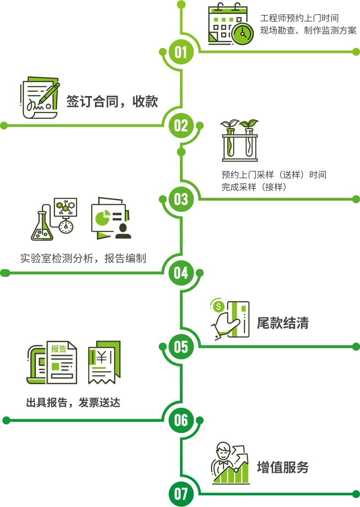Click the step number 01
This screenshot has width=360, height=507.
181,52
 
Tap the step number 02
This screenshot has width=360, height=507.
181,126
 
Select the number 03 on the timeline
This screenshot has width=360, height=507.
181,199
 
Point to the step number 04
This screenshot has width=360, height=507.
181,273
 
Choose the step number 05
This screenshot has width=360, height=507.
181,347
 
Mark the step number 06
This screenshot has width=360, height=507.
181,421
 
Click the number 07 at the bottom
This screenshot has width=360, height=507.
181,494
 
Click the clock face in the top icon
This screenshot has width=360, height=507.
242,33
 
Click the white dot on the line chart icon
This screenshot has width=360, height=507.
236,470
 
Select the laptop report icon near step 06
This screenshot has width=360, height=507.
51,362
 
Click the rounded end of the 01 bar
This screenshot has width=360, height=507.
356,52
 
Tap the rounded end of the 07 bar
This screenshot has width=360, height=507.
356,494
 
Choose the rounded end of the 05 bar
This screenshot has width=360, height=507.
356,347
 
